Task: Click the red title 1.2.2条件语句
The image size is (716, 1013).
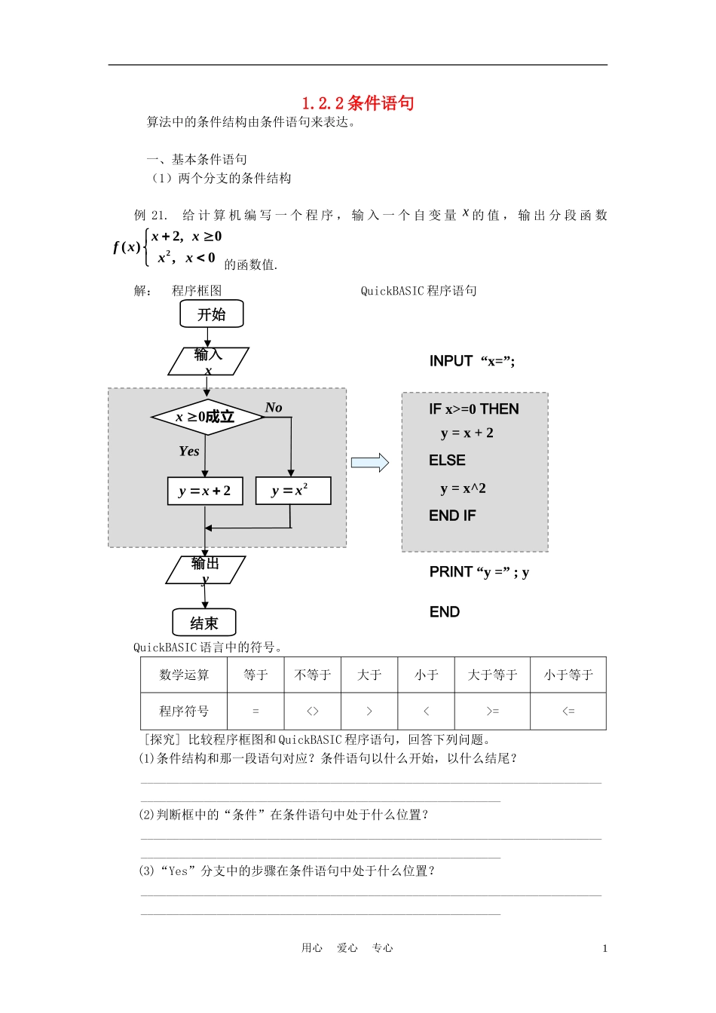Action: (x=358, y=103)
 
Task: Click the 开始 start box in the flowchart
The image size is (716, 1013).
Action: (x=212, y=314)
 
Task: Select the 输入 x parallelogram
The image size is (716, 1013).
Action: (x=208, y=361)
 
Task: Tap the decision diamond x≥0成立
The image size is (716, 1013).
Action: (x=207, y=417)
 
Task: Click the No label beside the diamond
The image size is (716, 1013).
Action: (x=274, y=408)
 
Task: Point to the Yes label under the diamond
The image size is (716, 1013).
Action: (x=189, y=451)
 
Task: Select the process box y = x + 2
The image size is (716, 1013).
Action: (x=205, y=491)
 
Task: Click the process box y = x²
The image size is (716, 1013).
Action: (x=293, y=491)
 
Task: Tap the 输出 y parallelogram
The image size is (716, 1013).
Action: (x=205, y=570)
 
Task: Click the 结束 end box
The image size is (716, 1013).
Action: (x=204, y=623)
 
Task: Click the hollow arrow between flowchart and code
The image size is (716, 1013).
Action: (x=370, y=463)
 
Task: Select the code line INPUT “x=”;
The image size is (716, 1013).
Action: (x=473, y=361)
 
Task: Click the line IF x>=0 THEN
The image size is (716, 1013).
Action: (x=474, y=409)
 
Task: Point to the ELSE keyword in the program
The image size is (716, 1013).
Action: (x=448, y=461)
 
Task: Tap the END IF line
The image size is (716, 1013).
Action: (x=453, y=516)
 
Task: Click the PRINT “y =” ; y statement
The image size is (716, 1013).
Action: (x=479, y=572)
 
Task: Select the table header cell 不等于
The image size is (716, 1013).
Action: (x=313, y=675)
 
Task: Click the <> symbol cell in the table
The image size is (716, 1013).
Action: (x=313, y=711)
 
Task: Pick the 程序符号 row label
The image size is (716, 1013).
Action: (x=184, y=711)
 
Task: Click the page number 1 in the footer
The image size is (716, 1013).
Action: (x=604, y=949)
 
